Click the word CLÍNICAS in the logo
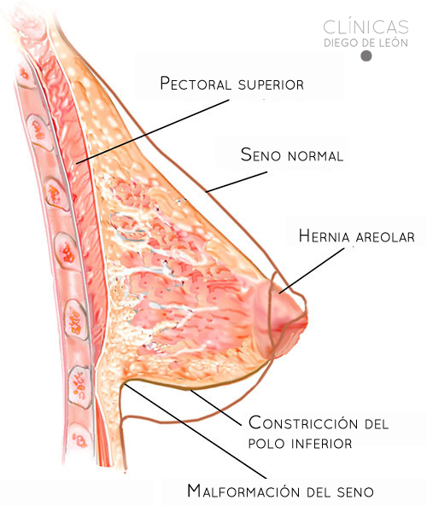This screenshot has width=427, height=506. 366,26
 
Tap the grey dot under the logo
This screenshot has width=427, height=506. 366,55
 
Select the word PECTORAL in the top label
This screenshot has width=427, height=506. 196,84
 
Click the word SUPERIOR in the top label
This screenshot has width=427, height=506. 271,84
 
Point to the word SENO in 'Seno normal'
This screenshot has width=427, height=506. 260,154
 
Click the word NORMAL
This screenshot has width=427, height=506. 315,156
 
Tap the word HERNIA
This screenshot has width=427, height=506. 324,236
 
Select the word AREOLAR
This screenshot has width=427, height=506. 385,237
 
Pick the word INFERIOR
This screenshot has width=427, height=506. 322,444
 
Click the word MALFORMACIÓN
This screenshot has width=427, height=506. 244,491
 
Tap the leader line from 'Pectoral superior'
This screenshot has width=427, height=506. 153,131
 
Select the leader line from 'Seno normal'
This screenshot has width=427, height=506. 237,182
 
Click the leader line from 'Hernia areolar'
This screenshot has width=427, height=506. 312,270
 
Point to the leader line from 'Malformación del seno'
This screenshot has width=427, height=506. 196,430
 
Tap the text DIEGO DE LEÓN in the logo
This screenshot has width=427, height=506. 366,43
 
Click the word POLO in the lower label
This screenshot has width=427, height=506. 266,444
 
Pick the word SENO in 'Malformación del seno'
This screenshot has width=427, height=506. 355,492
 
